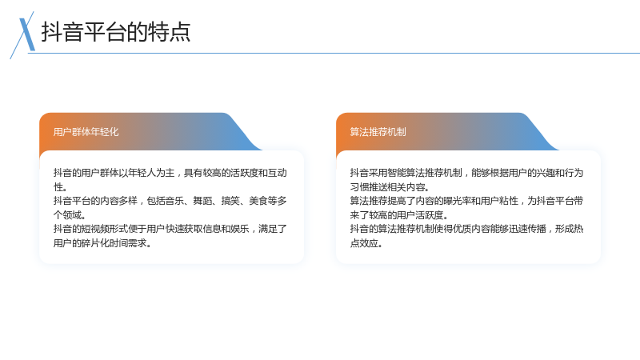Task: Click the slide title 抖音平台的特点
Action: (116, 32)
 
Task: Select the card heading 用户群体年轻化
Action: (86, 132)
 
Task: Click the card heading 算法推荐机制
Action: (378, 132)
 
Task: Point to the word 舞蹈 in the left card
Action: (202, 201)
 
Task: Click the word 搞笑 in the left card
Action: (230, 201)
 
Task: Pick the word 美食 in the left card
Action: (258, 201)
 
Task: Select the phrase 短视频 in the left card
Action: (94, 229)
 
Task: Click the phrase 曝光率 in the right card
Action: (457, 201)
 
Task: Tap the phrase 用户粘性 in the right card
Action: (499, 201)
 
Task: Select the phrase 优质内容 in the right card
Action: (471, 229)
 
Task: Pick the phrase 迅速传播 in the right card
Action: (527, 229)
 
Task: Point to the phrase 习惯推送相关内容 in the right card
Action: (387, 187)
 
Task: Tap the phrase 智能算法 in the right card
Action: (406, 173)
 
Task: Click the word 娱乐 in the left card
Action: (239, 229)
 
